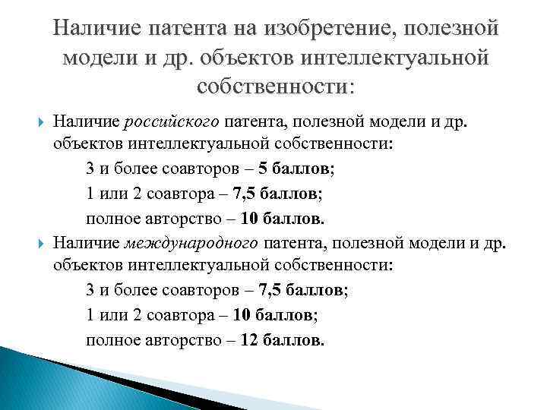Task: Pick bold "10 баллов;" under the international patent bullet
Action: tap(280, 316)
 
